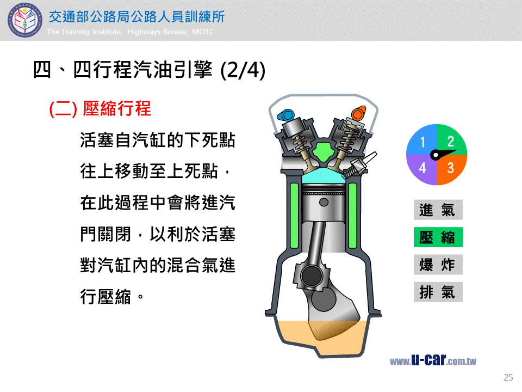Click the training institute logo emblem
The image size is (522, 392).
[24, 20]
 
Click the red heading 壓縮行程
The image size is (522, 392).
[116, 109]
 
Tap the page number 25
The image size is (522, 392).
[508, 377]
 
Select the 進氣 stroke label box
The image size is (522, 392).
[438, 210]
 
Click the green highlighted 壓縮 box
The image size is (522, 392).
[438, 237]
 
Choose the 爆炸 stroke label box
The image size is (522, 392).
[438, 265]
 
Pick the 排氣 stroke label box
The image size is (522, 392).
[438, 292]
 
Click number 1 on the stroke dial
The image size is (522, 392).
[422, 142]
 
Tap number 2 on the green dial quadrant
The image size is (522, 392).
[450, 142]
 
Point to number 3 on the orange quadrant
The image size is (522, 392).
[450, 168]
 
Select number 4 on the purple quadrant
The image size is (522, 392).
[422, 168]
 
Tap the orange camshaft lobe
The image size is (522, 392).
[359, 113]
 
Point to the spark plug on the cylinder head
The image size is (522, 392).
[359, 166]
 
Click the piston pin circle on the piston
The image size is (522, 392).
[324, 202]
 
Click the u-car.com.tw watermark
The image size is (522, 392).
[433, 360]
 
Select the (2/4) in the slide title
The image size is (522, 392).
[243, 70]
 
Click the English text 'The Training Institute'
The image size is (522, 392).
[84, 32]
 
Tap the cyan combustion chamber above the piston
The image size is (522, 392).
[324, 176]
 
